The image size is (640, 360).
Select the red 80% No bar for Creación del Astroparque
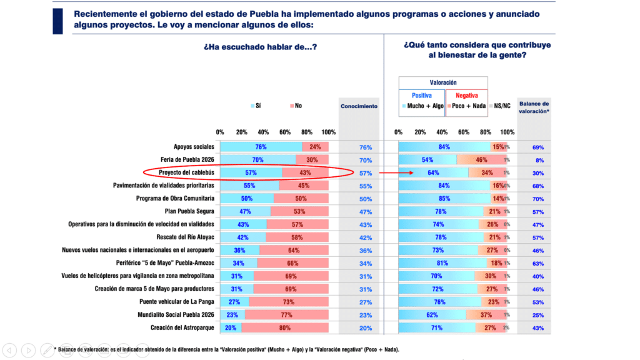(x=285, y=328)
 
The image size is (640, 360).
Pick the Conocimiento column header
(x=359, y=106)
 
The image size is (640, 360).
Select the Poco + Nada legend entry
(x=467, y=106)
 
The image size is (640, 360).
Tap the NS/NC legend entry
(x=501, y=106)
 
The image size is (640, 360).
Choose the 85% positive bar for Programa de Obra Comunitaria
(x=444, y=199)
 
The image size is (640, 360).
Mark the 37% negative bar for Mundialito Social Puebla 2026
(x=486, y=315)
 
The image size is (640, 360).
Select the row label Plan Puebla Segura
(x=189, y=211)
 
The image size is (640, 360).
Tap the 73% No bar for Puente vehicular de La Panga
(x=289, y=302)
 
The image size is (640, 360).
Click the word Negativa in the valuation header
(x=466, y=96)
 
